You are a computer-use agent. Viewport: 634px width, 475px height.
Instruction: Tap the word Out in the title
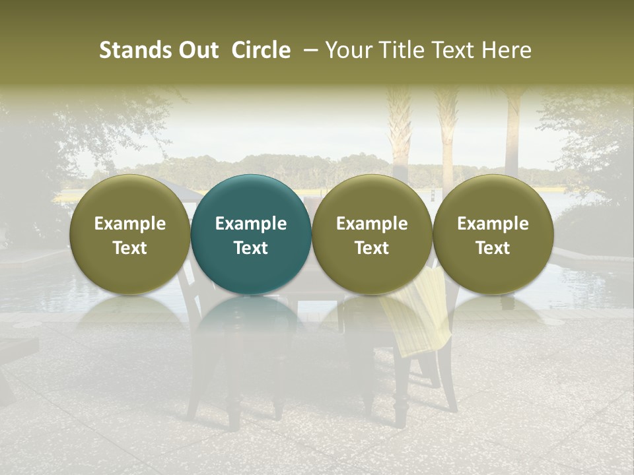coord(197,50)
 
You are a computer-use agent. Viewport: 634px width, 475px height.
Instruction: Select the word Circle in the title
coord(261,50)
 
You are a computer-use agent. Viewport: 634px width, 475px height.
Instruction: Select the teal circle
coord(251,234)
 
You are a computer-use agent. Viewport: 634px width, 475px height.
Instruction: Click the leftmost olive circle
coord(130,234)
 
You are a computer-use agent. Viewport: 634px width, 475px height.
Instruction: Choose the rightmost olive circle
coord(493,234)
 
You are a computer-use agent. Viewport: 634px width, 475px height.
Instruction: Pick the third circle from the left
coord(372,234)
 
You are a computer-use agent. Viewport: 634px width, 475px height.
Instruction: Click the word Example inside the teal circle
coord(251,224)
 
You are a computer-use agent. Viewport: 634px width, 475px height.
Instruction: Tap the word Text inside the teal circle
coord(251,248)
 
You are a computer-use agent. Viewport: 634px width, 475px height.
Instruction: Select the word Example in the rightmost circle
coord(493,224)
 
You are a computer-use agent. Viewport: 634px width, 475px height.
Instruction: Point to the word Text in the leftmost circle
coord(130,248)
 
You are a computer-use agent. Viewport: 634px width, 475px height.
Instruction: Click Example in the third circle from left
coord(372,224)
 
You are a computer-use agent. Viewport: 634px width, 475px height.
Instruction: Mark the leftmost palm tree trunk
coord(400,132)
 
